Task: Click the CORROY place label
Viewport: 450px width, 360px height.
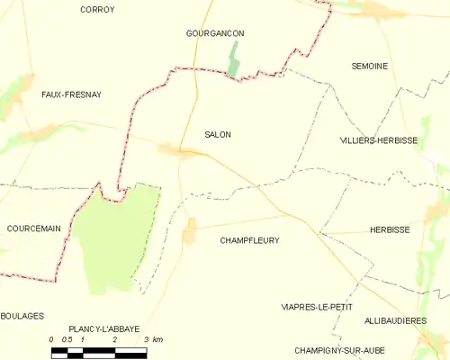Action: point(96,10)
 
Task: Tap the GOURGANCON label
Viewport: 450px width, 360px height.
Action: point(214,33)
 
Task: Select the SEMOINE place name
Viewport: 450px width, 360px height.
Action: point(369,67)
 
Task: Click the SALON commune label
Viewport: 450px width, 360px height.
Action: point(217,135)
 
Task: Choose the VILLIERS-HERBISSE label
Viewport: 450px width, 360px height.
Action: point(379,141)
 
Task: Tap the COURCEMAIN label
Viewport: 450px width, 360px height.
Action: point(33,229)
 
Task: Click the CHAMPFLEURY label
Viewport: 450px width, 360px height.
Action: point(249,241)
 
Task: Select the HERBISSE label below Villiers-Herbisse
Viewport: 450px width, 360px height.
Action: point(390,230)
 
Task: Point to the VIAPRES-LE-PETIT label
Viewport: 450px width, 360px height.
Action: point(315,307)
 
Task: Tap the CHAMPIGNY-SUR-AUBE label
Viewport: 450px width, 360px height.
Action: point(337,349)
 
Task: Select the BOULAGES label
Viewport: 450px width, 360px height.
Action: point(22,316)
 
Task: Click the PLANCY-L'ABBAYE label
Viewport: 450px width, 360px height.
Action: point(103,329)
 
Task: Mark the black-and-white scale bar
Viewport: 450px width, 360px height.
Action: point(99,351)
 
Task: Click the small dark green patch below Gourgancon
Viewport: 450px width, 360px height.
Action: point(235,61)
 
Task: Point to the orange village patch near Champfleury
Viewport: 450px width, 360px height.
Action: point(189,232)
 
